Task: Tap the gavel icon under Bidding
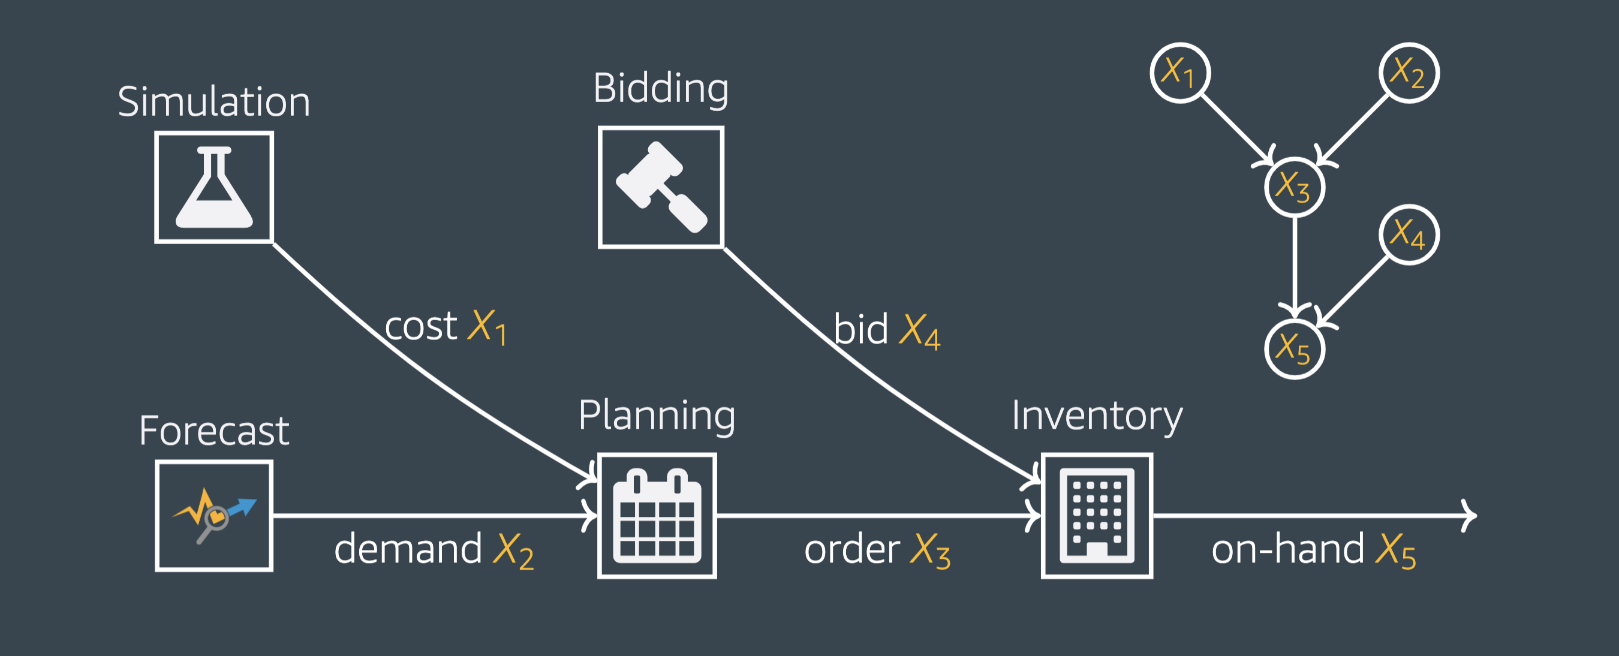click(661, 187)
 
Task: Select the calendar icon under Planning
click(657, 515)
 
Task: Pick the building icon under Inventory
click(1097, 515)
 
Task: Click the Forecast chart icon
click(213, 515)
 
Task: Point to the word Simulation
click(213, 102)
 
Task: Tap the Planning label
click(657, 416)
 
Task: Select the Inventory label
click(1097, 416)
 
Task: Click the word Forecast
click(213, 431)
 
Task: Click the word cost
click(420, 326)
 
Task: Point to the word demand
click(408, 549)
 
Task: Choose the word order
click(851, 549)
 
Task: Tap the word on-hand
click(1287, 549)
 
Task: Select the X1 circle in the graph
click(1180, 73)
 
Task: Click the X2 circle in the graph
click(1409, 73)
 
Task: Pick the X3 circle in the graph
click(1295, 187)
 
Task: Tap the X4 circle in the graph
click(1409, 235)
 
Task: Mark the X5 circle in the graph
click(1295, 350)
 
